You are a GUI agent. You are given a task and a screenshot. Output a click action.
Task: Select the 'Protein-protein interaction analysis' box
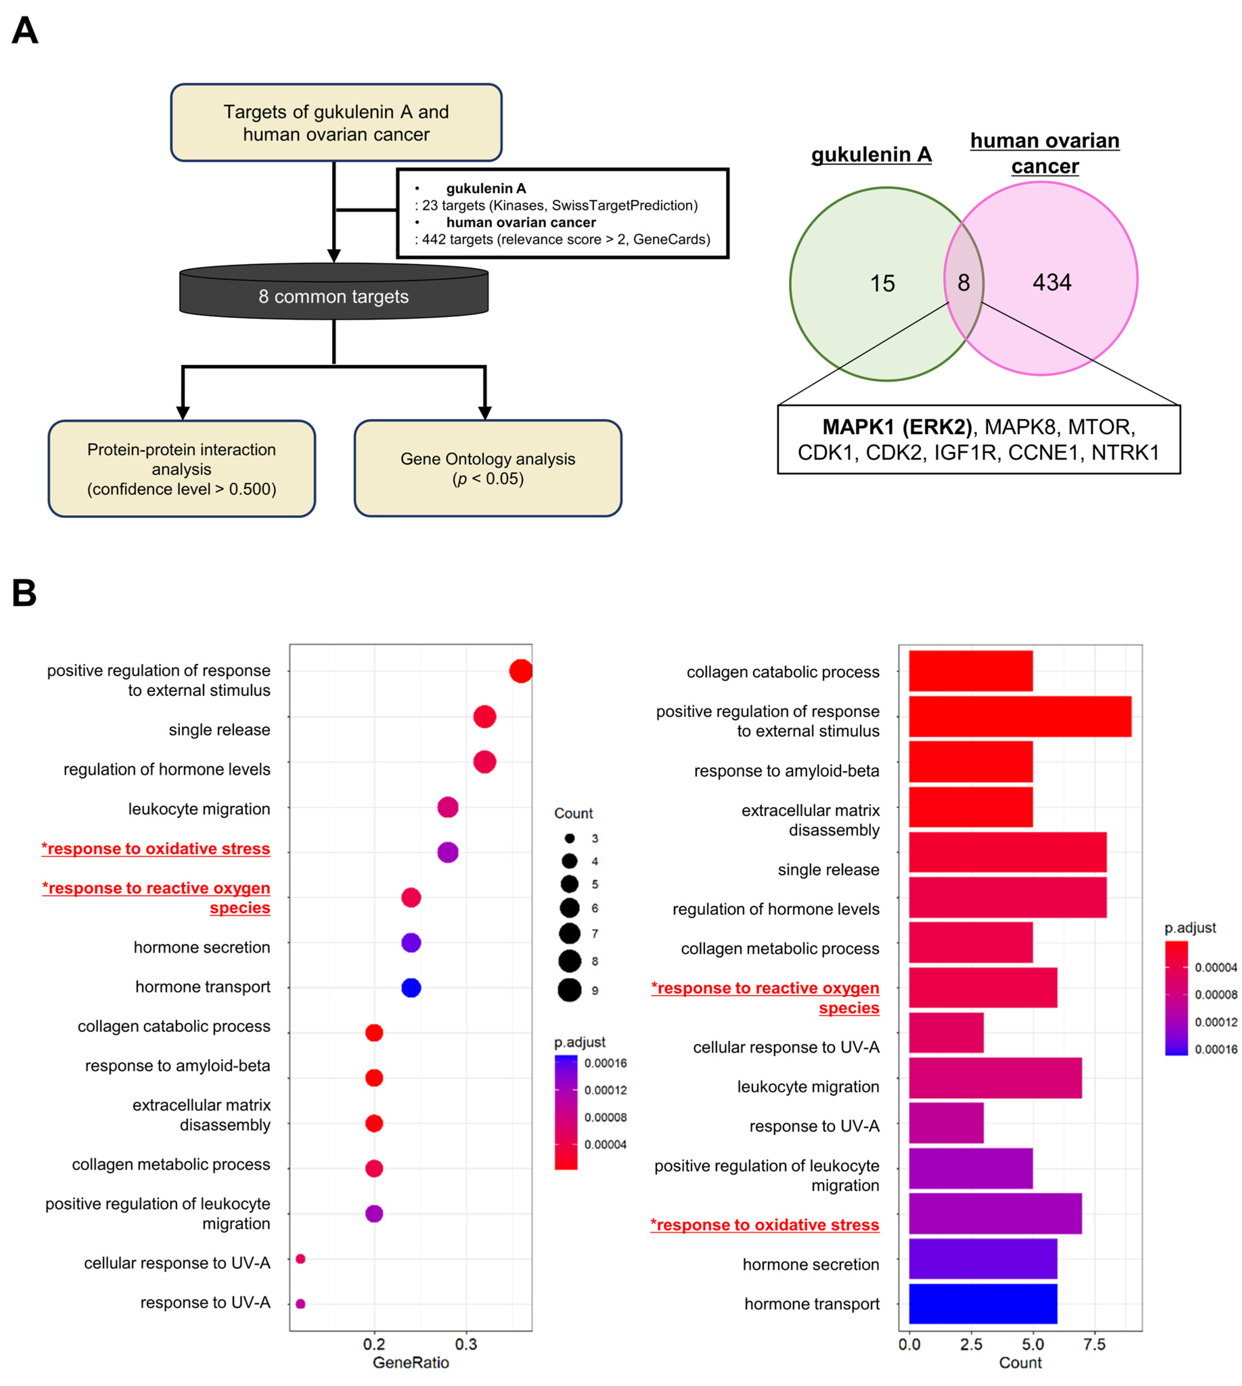click(x=182, y=469)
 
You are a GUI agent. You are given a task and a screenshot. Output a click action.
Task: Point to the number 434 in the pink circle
click(x=1052, y=282)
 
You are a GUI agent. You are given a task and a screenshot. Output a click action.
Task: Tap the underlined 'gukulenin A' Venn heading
click(x=872, y=155)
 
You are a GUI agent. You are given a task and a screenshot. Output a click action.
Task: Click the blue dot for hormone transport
click(x=411, y=987)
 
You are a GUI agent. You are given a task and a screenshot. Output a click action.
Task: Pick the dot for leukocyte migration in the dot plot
click(x=448, y=807)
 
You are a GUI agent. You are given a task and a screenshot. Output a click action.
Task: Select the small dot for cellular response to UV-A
click(x=300, y=1258)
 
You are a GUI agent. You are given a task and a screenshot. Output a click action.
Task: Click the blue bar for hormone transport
click(x=983, y=1303)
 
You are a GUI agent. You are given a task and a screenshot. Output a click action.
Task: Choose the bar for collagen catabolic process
click(x=970, y=671)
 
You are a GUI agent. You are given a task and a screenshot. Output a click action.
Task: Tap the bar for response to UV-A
click(x=946, y=1123)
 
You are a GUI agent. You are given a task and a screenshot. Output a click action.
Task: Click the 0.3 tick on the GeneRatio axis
click(x=466, y=1344)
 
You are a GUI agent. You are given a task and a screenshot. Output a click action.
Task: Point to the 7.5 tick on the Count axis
click(x=1094, y=1344)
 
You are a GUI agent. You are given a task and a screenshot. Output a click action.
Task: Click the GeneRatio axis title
click(x=411, y=1363)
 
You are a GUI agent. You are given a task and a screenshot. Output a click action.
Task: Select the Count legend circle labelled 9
click(x=569, y=990)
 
